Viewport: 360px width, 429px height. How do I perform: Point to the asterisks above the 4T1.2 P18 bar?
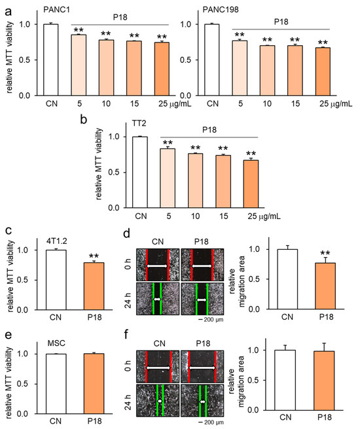[90, 254]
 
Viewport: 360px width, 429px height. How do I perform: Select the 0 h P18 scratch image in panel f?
[202, 369]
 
